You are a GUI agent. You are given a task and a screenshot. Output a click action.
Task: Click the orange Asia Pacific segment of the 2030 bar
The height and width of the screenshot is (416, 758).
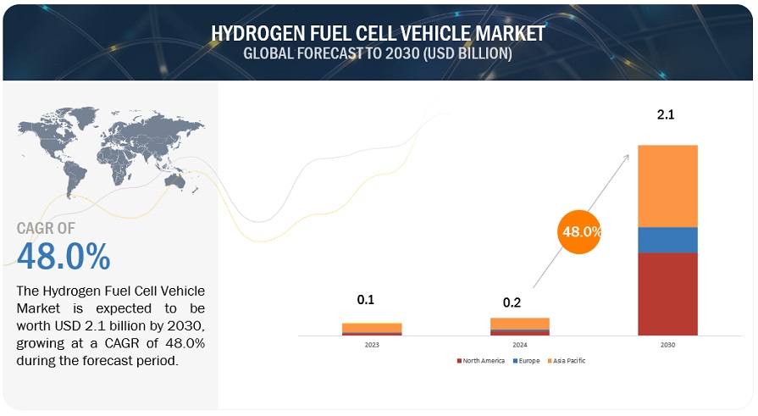(x=667, y=186)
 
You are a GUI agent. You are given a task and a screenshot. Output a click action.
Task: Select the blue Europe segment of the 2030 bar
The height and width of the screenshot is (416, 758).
(x=667, y=240)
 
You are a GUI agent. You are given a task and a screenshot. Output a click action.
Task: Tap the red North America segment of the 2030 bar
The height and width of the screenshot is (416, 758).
(x=667, y=293)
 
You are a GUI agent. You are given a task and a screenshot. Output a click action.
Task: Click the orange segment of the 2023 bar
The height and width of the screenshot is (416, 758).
(x=372, y=327)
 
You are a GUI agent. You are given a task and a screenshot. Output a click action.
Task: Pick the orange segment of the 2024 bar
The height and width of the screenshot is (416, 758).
(x=519, y=323)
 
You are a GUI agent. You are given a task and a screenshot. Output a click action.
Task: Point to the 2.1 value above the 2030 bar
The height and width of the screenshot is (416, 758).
(x=667, y=114)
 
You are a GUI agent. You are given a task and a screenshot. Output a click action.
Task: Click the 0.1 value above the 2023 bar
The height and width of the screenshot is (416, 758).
(x=366, y=299)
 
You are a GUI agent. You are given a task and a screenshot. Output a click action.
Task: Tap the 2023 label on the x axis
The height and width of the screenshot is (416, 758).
(x=372, y=345)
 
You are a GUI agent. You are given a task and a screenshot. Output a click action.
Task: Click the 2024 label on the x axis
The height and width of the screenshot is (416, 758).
(x=519, y=345)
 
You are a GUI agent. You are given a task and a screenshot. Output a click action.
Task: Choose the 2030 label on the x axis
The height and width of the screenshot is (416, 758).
(x=667, y=345)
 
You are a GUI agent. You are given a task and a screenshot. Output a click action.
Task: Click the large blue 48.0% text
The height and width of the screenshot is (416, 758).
(x=64, y=256)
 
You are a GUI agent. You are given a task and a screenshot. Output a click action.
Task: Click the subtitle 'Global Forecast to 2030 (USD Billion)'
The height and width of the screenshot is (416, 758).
(x=378, y=53)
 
